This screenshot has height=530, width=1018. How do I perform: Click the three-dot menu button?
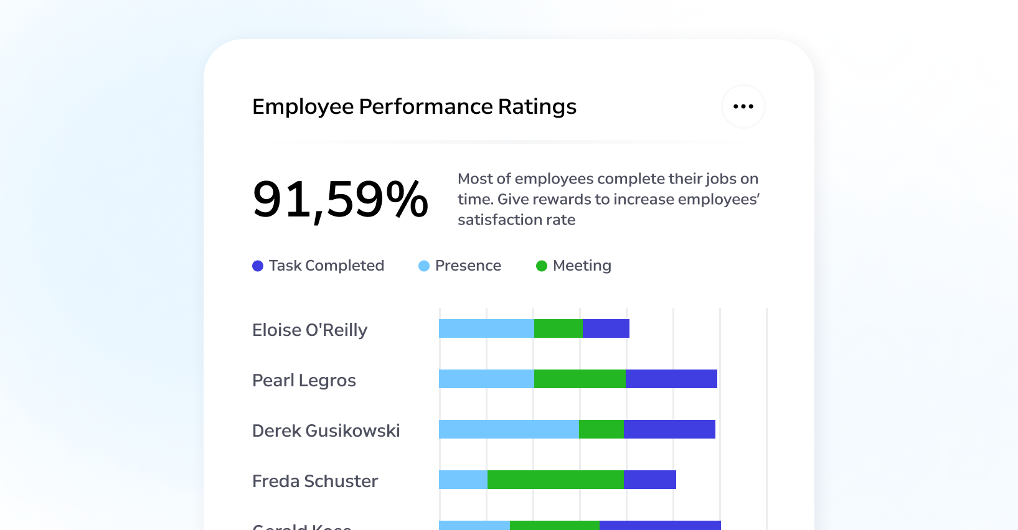click(743, 106)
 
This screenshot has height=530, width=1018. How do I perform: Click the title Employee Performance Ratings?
click(414, 106)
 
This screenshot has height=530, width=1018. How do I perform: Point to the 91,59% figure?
click(340, 200)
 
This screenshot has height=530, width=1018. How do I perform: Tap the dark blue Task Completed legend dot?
click(258, 266)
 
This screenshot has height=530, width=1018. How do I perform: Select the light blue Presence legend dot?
click(424, 266)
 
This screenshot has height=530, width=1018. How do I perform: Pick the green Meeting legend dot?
click(542, 266)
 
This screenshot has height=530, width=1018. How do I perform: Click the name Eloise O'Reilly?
click(309, 330)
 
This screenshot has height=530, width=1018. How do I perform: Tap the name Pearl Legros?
click(304, 380)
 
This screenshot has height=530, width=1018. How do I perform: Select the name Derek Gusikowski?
click(326, 430)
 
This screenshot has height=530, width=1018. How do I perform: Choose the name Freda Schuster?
click(315, 481)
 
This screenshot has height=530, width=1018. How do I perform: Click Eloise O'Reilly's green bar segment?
click(558, 328)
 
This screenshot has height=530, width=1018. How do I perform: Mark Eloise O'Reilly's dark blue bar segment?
click(606, 328)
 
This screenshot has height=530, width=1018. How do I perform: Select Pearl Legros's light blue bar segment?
click(486, 379)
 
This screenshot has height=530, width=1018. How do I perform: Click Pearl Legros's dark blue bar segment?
click(671, 379)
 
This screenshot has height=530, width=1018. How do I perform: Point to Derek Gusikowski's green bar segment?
click(601, 429)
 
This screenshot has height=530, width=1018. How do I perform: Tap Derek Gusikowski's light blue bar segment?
click(509, 429)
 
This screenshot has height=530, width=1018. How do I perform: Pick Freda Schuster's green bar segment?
click(555, 480)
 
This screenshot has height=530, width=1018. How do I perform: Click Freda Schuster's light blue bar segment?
click(463, 480)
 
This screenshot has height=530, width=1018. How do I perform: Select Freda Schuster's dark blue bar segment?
click(649, 480)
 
